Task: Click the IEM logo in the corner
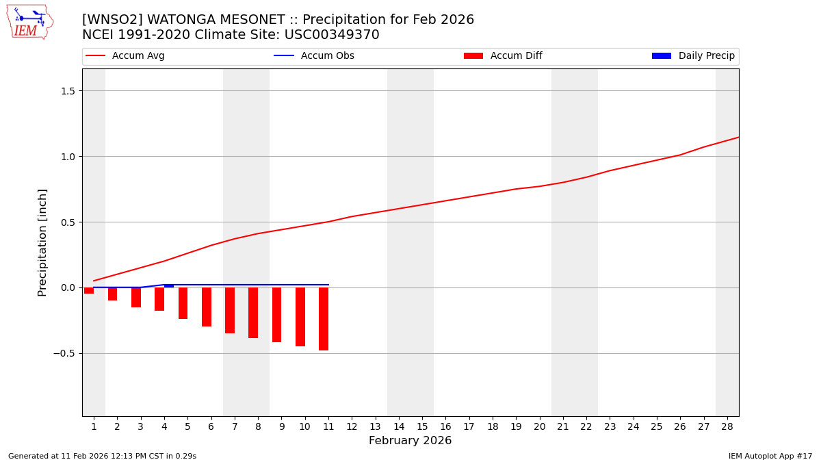pos(29,22)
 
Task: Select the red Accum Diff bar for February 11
pos(324,319)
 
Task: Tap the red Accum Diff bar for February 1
pos(89,290)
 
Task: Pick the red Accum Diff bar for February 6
pos(207,307)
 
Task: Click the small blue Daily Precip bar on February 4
pos(169,286)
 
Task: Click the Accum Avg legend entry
pos(125,56)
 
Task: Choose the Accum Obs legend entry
pos(314,56)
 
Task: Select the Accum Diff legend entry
pos(503,56)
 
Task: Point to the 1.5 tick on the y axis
pos(68,91)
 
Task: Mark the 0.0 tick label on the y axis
pos(68,287)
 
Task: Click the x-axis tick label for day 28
pos(727,426)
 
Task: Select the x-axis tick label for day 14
pos(399,426)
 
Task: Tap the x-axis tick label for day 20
pos(539,426)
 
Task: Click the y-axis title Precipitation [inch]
pos(42,242)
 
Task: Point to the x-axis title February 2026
pos(410,441)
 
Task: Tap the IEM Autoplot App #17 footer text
pos(770,456)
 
